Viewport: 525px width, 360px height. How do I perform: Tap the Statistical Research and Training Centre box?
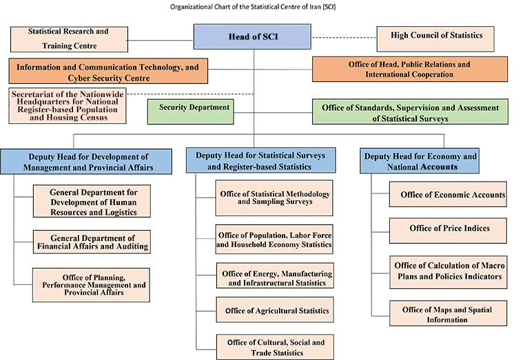(69, 39)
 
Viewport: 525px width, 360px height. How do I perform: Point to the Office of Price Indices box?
(449, 230)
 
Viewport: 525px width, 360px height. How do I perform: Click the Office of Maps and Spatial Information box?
(448, 315)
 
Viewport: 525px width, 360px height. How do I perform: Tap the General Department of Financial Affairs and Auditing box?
(92, 242)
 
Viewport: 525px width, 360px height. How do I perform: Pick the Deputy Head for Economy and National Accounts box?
(420, 162)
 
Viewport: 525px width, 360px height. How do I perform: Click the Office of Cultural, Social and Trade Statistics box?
(275, 347)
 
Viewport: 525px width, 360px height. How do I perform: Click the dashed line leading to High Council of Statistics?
(344, 37)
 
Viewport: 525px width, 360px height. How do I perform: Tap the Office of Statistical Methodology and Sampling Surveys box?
(275, 198)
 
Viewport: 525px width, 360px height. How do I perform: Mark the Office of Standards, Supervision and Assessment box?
(409, 112)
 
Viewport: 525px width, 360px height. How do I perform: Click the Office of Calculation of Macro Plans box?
(449, 271)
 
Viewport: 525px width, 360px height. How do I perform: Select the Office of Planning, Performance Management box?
(92, 284)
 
